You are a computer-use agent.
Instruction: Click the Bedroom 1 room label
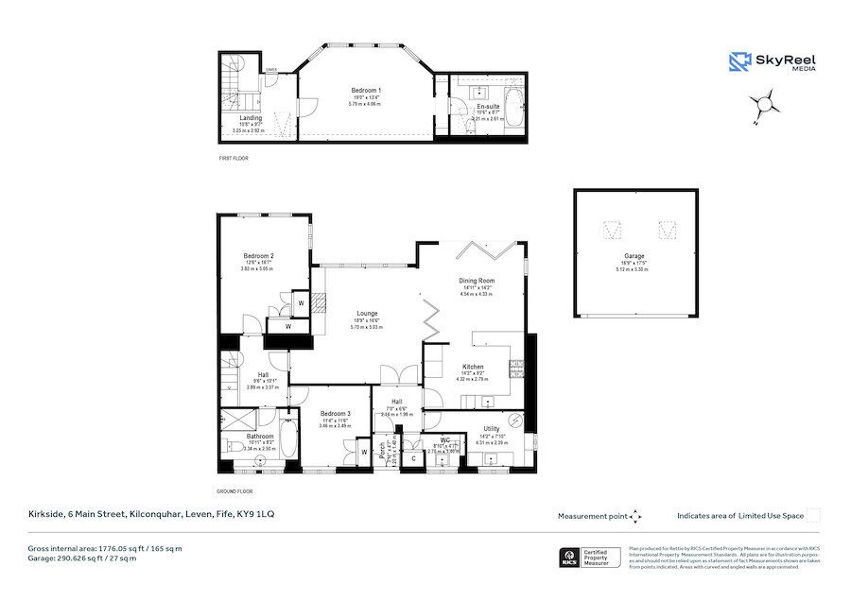click(x=366, y=90)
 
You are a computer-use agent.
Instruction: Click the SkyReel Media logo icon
click(x=739, y=61)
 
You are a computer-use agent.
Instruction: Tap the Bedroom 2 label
click(x=258, y=256)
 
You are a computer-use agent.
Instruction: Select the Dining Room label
click(x=478, y=281)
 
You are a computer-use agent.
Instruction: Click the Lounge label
click(x=367, y=314)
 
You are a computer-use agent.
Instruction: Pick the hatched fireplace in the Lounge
click(x=319, y=303)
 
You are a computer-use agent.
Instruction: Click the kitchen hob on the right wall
click(x=517, y=367)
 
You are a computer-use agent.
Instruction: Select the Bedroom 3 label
click(x=335, y=414)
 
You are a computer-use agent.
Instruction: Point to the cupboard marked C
click(x=413, y=457)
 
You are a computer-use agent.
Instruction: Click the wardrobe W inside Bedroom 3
click(x=364, y=453)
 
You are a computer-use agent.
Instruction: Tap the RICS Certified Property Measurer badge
click(x=589, y=557)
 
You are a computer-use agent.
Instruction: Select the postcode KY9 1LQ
click(x=254, y=515)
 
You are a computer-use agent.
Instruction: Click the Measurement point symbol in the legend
click(x=635, y=516)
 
